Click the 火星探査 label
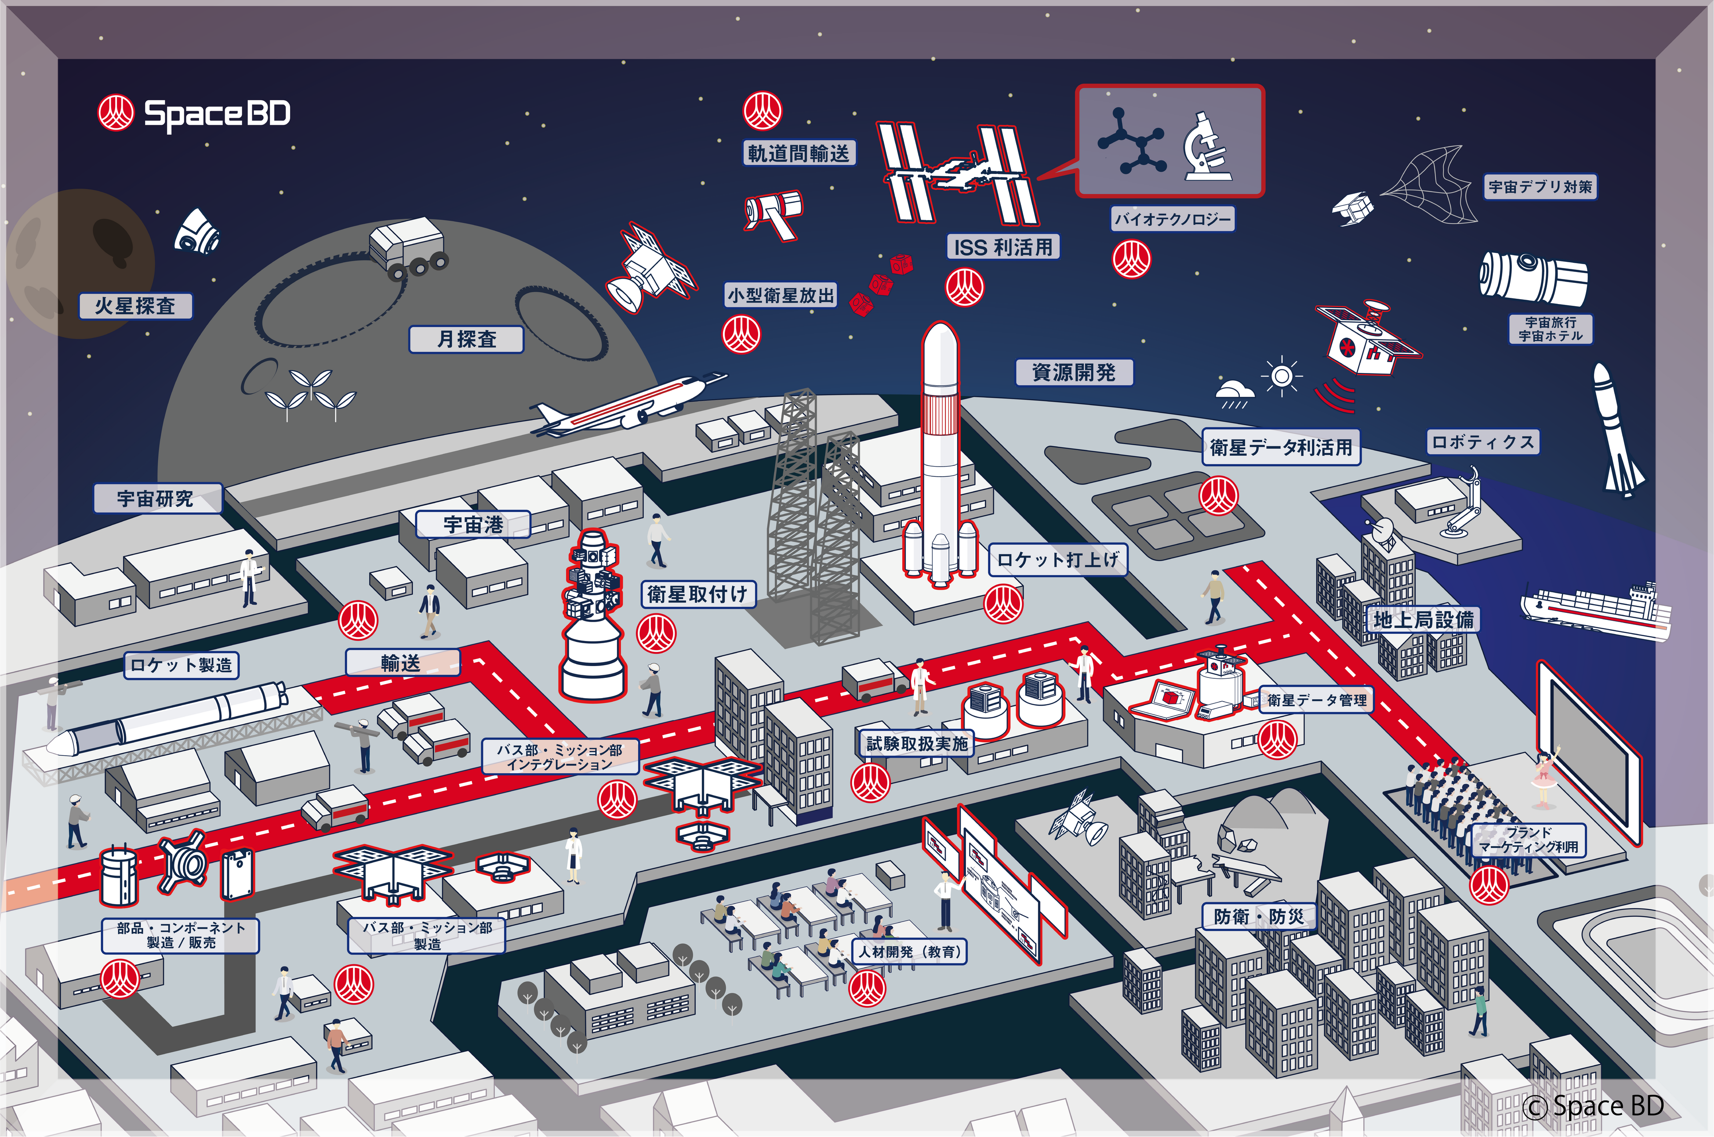pos(136,306)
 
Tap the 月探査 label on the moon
pos(466,339)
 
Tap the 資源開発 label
pos(1074,373)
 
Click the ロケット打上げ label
pos(1057,560)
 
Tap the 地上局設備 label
pos(1423,620)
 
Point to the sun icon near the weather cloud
pos(1282,376)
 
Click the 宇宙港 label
pos(473,524)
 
